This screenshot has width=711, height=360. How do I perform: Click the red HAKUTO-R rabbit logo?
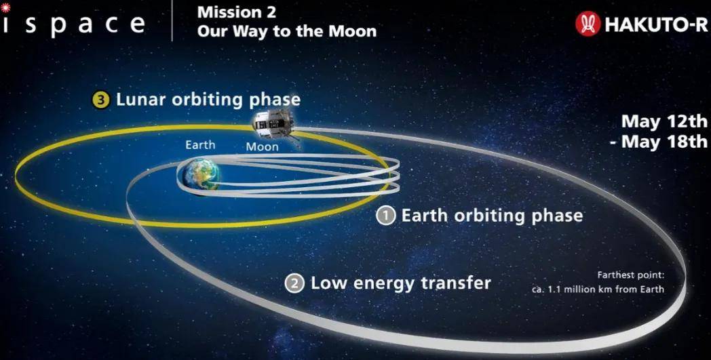click(588, 24)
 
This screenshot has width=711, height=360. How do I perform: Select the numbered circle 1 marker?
click(386, 216)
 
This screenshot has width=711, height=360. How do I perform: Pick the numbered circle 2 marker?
click(294, 284)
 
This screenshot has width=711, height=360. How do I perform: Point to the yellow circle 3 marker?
click(101, 100)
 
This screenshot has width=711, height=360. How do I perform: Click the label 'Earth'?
click(200, 145)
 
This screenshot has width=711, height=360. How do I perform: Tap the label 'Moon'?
click(262, 147)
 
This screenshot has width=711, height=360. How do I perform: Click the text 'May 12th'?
click(664, 121)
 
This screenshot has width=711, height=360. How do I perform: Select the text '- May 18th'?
click(658, 141)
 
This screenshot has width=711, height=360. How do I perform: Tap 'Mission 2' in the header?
click(236, 12)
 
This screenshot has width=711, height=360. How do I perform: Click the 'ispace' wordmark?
click(73, 25)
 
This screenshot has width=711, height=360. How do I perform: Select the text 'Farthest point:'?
click(634, 275)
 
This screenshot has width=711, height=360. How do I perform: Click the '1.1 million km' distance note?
click(575, 289)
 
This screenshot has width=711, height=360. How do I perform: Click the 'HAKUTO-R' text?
click(655, 24)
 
